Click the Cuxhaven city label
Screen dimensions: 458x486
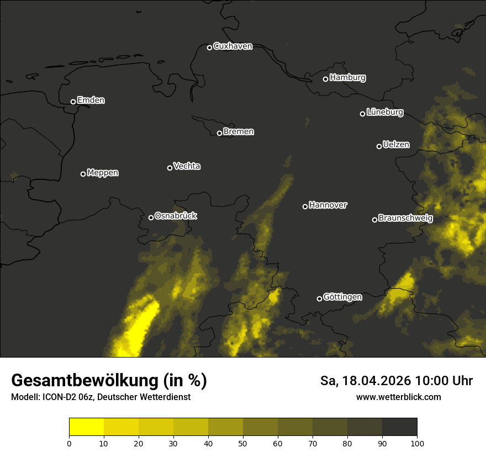click(x=233, y=46)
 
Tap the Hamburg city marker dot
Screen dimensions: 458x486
click(x=325, y=79)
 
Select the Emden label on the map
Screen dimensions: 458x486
click(x=91, y=100)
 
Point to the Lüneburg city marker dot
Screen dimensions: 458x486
click(x=362, y=114)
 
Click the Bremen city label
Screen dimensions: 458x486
click(x=239, y=132)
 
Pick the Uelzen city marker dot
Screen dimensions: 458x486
click(x=379, y=146)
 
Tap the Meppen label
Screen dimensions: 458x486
click(x=103, y=173)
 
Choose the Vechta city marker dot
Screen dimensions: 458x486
click(x=170, y=168)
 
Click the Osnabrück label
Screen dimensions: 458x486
click(x=176, y=216)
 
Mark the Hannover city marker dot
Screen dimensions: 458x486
click(x=305, y=206)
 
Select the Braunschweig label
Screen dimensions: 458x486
click(x=405, y=219)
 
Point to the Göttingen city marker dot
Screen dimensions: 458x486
click(x=319, y=299)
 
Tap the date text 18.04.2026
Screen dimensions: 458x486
click(x=377, y=381)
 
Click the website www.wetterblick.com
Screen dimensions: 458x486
click(x=398, y=397)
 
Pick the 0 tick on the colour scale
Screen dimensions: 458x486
click(x=69, y=443)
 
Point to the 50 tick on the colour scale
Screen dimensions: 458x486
click(x=243, y=443)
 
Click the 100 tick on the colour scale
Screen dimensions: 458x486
click(x=417, y=443)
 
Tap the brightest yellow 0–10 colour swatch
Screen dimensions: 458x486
click(x=86, y=427)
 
